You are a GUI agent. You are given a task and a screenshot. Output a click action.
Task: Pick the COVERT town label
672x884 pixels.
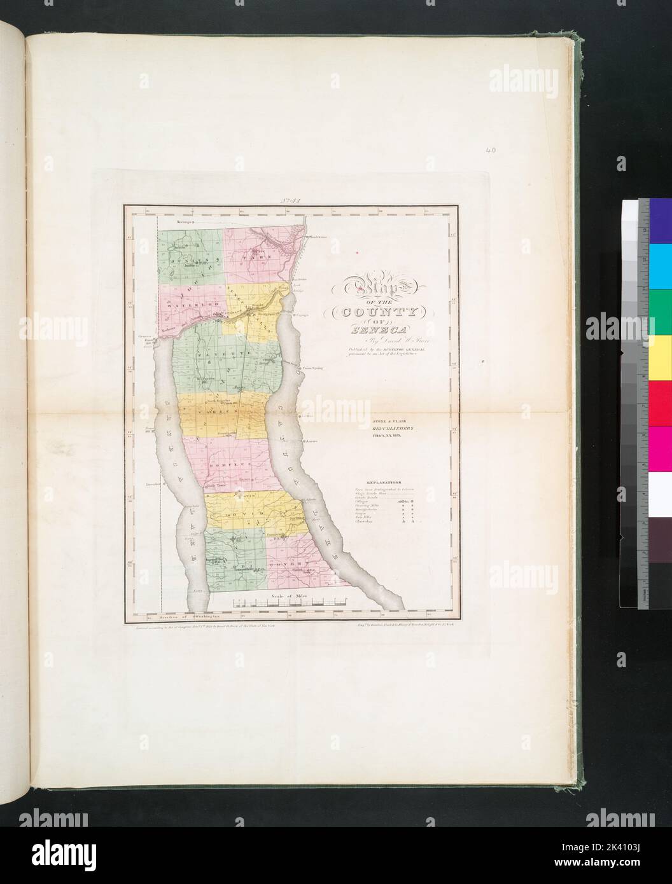tap(284, 564)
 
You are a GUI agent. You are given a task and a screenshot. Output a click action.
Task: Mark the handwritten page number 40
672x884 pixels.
tap(489, 151)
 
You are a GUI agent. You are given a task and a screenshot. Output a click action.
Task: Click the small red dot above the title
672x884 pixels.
tap(359, 255)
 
